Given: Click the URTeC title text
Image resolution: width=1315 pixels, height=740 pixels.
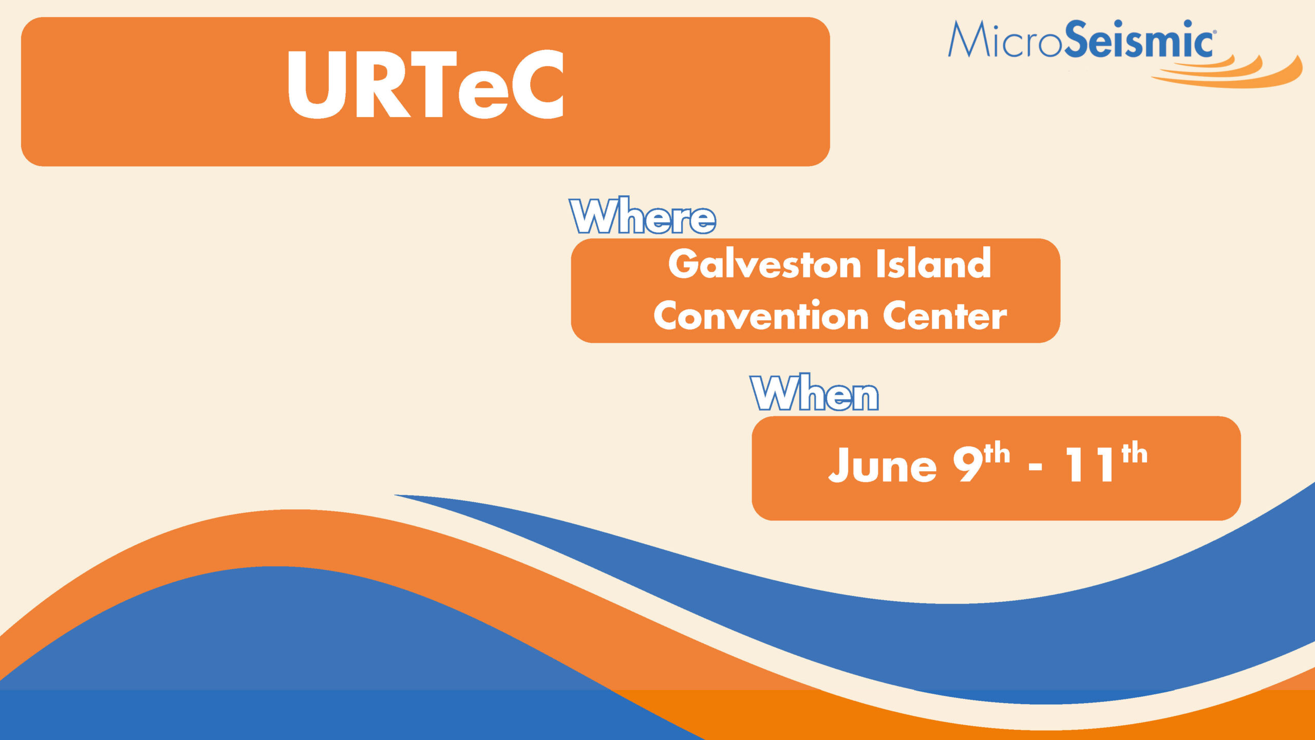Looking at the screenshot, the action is pos(426,84).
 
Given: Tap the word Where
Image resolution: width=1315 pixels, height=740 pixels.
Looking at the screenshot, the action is pos(643,215).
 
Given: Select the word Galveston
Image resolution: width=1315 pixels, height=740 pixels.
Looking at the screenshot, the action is pos(764,264).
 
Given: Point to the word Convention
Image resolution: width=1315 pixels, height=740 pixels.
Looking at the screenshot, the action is pos(761,315).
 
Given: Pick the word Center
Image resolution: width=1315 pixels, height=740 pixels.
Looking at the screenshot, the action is pos(945,316).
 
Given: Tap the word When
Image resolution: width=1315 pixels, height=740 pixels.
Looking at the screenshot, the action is pos(814,393).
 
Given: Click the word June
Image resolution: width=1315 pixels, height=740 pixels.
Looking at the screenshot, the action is pos(882,465).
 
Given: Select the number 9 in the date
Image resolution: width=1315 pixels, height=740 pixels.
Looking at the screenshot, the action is pos(968,464).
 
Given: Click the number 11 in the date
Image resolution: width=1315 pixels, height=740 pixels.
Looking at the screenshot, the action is pos(1091,465).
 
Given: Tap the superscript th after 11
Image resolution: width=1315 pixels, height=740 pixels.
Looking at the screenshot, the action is pos(1134,453).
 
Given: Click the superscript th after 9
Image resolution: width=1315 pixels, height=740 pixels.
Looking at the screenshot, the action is pos(997,453).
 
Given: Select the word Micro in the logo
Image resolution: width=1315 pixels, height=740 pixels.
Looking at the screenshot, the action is pos(1005,40).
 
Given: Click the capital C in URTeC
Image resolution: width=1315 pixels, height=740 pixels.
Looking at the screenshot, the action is pos(538,84).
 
